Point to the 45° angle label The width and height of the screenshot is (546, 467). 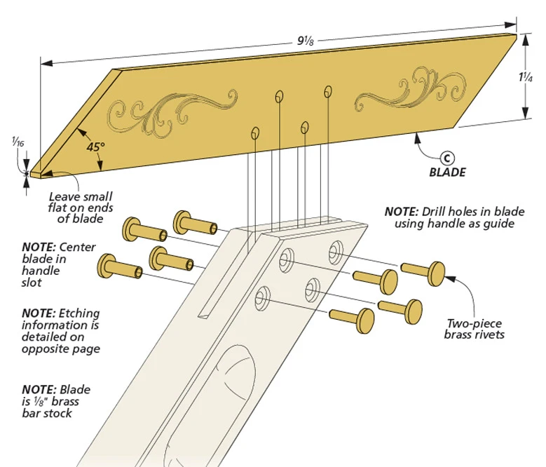point(95,148)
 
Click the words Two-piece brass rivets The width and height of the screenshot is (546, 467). point(475,329)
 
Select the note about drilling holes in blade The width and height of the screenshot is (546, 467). point(449,217)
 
